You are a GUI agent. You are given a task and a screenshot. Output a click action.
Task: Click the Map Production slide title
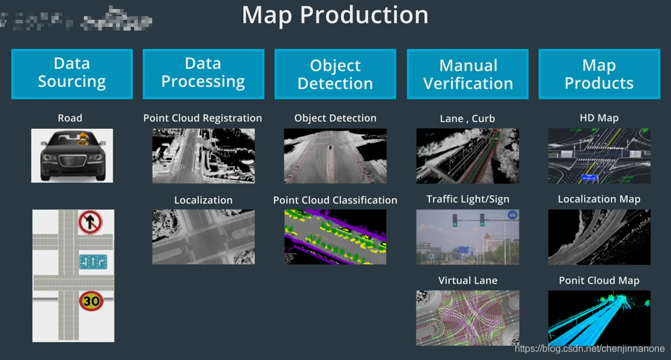[335, 15]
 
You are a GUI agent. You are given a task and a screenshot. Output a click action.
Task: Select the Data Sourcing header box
[72, 74]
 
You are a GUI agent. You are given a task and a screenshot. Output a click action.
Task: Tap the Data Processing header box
[203, 74]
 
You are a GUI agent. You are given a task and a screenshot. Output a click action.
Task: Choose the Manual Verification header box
[468, 74]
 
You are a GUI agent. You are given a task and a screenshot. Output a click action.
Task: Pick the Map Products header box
[599, 74]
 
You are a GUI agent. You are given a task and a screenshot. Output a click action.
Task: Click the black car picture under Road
[72, 155]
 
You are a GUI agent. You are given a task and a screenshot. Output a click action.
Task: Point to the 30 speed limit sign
[91, 300]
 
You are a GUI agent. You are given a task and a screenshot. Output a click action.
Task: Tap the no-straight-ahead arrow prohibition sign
[90, 223]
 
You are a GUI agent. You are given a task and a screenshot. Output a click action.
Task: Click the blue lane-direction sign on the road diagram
[93, 262]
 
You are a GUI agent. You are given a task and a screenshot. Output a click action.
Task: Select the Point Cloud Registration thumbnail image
[203, 156]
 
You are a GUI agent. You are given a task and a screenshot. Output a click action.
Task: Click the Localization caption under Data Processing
[203, 200]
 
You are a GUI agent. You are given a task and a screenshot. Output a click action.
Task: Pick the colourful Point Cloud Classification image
[335, 237]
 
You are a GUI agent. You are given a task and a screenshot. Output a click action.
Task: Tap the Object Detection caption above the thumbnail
[335, 118]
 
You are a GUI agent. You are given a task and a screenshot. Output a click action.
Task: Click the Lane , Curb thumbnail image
[467, 156]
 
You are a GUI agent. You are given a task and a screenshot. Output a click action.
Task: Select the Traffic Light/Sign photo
[467, 237]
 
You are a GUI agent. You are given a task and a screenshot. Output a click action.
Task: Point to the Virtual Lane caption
[467, 280]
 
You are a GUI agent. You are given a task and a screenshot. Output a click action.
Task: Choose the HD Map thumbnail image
[599, 156]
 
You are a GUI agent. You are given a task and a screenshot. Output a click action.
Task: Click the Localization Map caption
[599, 199]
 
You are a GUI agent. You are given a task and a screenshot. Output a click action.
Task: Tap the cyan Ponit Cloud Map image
[599, 317]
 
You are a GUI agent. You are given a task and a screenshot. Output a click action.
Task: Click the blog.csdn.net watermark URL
[590, 349]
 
